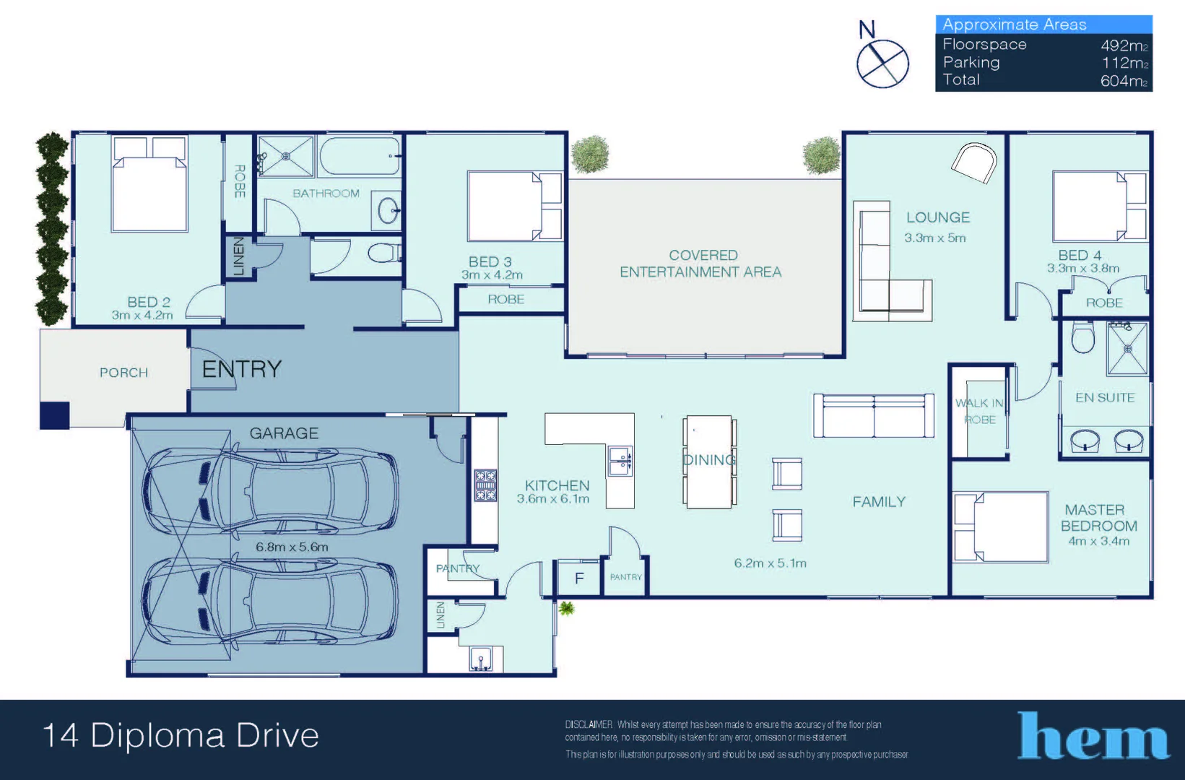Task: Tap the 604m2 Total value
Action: click(x=1124, y=81)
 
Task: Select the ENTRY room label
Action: click(x=241, y=369)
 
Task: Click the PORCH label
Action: click(x=123, y=373)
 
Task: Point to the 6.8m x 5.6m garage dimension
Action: click(x=292, y=547)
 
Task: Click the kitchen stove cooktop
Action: click(x=485, y=485)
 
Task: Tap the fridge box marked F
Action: click(x=578, y=578)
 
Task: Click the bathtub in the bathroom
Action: click(x=360, y=156)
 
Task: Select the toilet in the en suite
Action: click(x=1082, y=337)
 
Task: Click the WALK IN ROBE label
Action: click(x=979, y=411)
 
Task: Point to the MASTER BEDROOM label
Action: click(x=1098, y=518)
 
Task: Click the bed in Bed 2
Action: click(x=150, y=186)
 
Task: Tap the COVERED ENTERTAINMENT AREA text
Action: click(x=700, y=264)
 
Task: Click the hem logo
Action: click(x=1093, y=736)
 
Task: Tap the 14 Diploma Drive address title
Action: click(x=181, y=736)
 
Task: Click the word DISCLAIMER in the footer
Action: click(x=589, y=724)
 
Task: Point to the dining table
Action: click(x=709, y=461)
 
